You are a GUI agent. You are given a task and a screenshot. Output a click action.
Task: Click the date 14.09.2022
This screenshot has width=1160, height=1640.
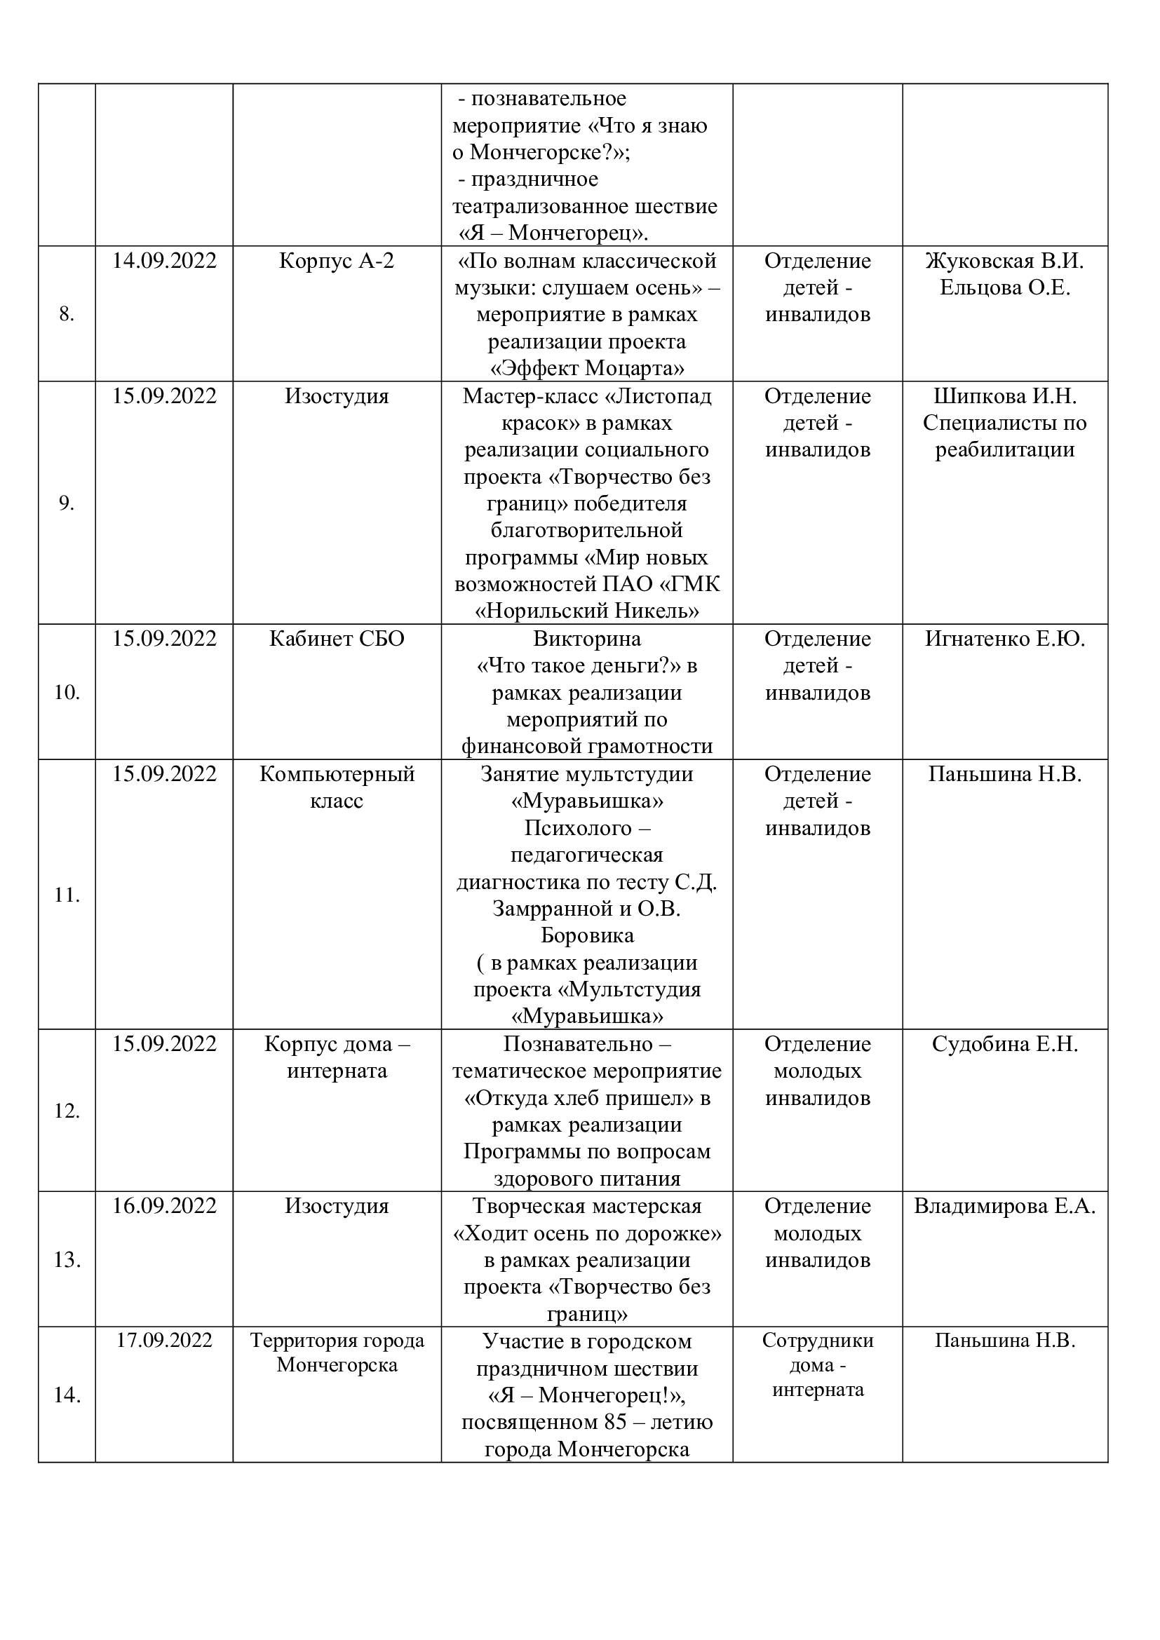[x=163, y=261]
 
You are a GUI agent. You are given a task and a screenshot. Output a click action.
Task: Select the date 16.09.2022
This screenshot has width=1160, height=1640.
[x=163, y=1206]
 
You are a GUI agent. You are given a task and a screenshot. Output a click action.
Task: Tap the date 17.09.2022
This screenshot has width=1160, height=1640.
[x=163, y=1340]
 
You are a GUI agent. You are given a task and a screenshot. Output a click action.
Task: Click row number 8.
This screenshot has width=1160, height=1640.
[x=67, y=314]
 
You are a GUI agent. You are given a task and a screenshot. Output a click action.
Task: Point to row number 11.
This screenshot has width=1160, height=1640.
[x=67, y=894]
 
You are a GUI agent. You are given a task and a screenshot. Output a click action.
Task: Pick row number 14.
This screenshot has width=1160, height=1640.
[x=67, y=1395]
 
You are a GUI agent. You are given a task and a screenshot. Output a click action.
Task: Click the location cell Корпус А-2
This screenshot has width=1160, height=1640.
[x=337, y=261]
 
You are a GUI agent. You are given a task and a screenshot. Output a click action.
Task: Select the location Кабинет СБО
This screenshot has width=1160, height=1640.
[x=337, y=639]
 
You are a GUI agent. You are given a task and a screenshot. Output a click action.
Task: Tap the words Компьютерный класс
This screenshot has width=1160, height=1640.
[x=337, y=787]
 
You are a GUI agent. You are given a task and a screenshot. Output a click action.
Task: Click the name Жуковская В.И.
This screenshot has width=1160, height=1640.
[x=1004, y=261]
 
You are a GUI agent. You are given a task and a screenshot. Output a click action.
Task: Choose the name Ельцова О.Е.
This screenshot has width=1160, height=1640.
[x=1004, y=288]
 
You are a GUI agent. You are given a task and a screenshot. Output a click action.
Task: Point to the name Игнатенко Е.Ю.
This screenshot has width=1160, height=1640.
[x=1004, y=639]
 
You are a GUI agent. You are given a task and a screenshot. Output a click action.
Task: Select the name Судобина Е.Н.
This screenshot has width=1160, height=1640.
[x=1004, y=1044]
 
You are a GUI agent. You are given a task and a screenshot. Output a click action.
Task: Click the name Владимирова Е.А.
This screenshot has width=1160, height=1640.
[x=1004, y=1206]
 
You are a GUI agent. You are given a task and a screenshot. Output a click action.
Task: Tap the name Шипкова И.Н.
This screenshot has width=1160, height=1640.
[x=1004, y=395]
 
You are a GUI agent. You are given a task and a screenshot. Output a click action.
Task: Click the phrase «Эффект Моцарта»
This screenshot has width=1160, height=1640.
[x=586, y=369]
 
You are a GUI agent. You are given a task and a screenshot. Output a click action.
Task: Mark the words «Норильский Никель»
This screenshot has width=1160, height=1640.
[x=586, y=611]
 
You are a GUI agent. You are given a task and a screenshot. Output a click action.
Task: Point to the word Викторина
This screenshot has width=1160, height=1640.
[x=586, y=639]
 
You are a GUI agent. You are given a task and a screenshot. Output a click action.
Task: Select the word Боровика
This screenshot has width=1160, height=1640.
[x=586, y=935]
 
